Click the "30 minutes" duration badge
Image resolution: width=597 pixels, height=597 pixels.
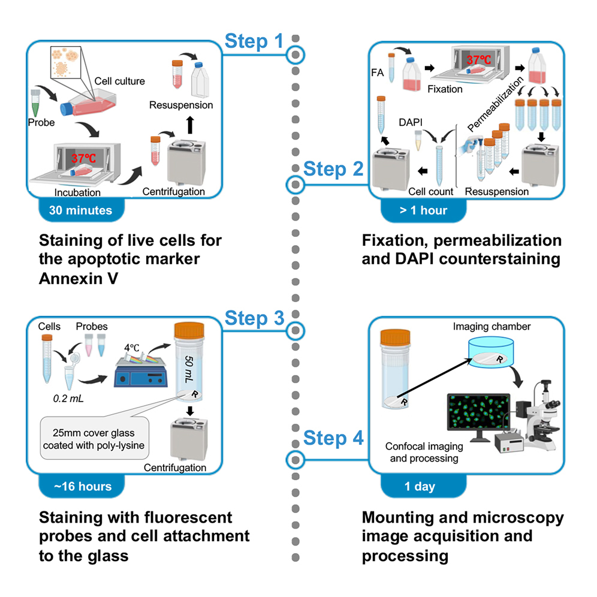76,210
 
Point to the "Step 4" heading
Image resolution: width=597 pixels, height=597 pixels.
333,438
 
